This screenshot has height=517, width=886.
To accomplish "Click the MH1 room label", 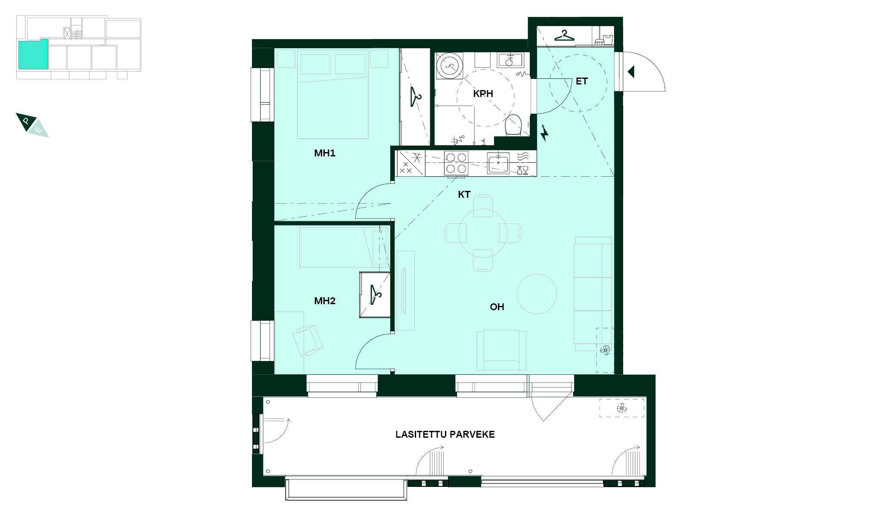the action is click(324, 153).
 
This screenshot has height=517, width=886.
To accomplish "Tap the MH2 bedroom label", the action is click(324, 301).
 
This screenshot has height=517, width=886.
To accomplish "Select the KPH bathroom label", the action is click(483, 93).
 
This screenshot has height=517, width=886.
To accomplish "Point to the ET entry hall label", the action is click(581, 81).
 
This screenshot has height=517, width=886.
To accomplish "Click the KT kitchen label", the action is click(464, 195).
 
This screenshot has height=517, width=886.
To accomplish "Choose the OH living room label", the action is click(497, 307).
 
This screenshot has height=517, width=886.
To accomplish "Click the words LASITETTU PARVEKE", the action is click(445, 434).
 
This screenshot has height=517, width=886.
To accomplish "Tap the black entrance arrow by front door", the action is click(631, 72).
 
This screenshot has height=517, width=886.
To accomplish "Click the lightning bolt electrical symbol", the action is click(544, 133).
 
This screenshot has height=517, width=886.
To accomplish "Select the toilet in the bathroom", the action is click(513, 124).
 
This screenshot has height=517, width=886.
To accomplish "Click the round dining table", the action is click(483, 233).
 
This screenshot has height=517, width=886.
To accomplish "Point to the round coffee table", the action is click(537, 294).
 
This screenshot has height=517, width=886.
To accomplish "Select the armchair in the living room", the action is click(501, 350).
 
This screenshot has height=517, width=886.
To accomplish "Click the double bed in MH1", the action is click(333, 94).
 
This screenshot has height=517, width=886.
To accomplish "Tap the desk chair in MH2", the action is click(308, 340).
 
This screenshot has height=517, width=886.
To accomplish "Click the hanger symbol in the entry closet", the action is click(565, 35).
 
